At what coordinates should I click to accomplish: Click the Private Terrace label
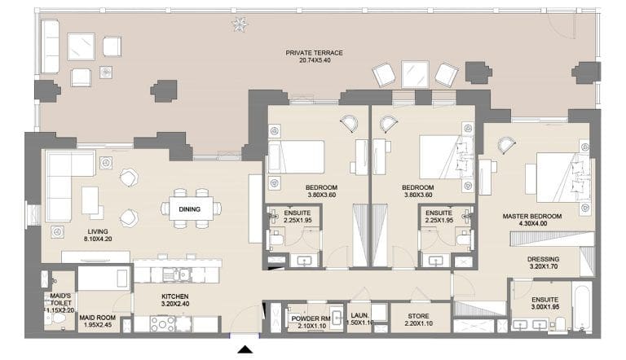314,53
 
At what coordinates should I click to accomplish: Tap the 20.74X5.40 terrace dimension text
314,61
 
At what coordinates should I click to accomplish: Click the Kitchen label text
174,296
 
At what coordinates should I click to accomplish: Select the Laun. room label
359,318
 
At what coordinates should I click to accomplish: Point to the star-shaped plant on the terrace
239,25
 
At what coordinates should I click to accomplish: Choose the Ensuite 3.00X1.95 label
545,303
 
